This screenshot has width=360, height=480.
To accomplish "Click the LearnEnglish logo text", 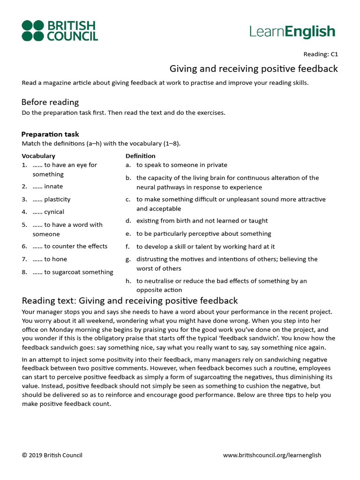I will [292, 31].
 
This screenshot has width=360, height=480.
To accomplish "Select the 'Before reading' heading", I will [50, 102].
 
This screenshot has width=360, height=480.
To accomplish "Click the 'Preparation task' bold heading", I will [50, 134].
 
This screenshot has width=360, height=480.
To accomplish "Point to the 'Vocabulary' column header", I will [38, 156].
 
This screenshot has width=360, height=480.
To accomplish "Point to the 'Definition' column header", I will [140, 156].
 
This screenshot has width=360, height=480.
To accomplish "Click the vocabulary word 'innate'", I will [53, 187].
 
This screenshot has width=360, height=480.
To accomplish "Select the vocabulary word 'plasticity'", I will [57, 199].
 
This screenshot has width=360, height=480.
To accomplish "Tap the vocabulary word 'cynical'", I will [54, 212].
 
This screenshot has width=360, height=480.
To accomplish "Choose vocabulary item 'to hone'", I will [55, 259].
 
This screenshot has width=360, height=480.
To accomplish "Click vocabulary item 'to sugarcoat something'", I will [78, 272].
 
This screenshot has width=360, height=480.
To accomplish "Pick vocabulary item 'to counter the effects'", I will [75, 246].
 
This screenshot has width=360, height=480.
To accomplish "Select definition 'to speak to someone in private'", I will [181, 165].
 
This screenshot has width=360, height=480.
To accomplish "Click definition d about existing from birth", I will [202, 221].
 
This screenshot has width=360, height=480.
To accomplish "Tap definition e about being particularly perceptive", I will [203, 233].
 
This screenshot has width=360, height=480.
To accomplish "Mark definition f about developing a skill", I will [205, 246].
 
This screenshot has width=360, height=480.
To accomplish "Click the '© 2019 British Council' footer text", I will [52, 455].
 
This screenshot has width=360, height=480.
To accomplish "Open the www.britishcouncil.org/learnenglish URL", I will [272, 455].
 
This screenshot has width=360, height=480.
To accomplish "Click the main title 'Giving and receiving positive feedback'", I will [253, 69].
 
